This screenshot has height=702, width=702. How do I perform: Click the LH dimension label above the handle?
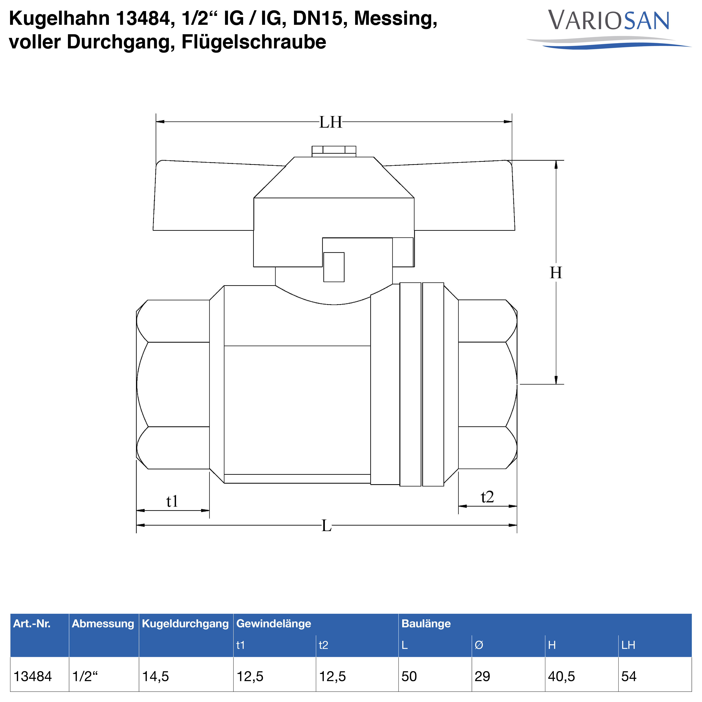click(331, 122)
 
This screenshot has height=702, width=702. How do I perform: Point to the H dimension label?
click(556, 273)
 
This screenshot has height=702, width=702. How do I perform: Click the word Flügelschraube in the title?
click(254, 42)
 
